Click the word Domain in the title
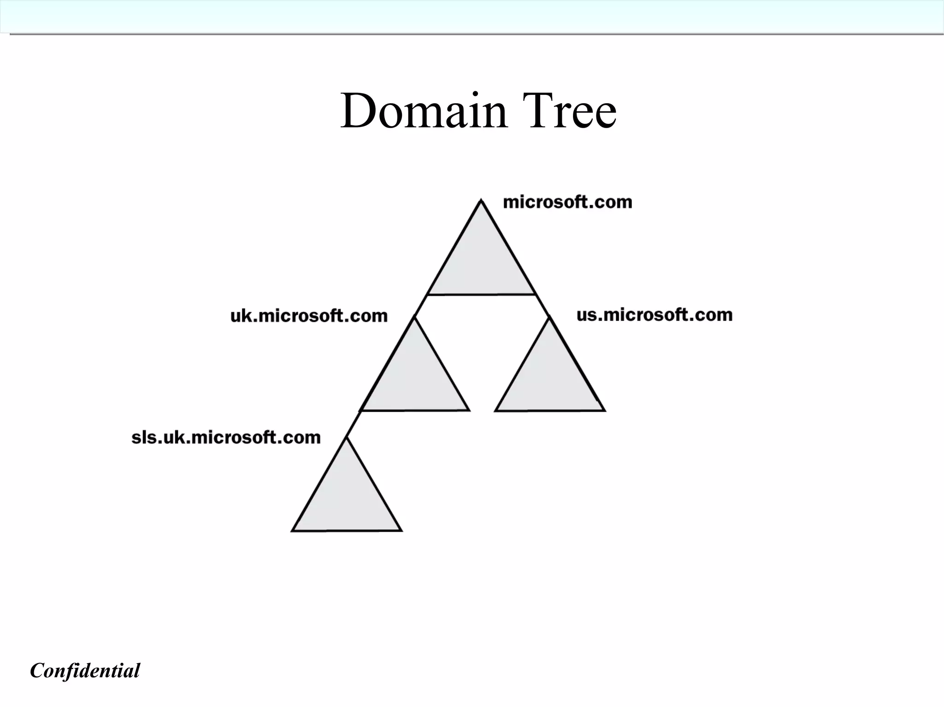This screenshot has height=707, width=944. click(x=423, y=111)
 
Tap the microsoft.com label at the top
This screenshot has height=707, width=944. click(x=567, y=202)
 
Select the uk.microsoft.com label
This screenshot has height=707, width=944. click(x=309, y=316)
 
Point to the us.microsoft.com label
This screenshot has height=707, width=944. click(x=655, y=315)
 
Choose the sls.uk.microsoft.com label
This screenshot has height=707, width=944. click(x=226, y=437)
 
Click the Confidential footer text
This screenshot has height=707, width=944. click(x=85, y=671)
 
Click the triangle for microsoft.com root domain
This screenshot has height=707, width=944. click(x=481, y=263)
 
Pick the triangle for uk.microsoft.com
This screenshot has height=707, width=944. click(x=414, y=378)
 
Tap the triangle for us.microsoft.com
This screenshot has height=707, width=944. click(x=549, y=378)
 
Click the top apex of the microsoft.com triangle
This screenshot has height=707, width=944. click(x=481, y=201)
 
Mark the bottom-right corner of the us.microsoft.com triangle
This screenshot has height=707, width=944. click(x=604, y=409)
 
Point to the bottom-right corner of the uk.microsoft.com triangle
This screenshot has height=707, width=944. click(x=468, y=409)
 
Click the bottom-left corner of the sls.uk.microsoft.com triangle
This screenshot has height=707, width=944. click(x=293, y=530)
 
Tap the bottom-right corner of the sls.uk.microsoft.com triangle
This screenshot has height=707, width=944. click(x=401, y=530)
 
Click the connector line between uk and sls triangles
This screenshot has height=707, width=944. click(x=354, y=424)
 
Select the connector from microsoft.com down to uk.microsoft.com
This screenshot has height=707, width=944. click(x=421, y=305)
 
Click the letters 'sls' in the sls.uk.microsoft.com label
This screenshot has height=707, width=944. click(x=144, y=437)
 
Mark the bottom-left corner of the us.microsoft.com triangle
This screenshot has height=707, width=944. click(x=496, y=409)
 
